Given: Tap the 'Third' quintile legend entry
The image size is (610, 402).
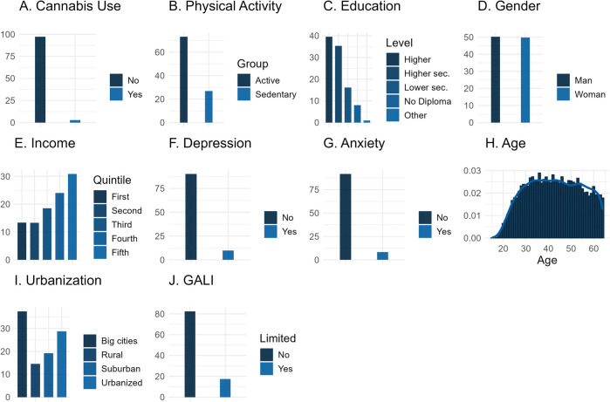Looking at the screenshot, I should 119,222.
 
